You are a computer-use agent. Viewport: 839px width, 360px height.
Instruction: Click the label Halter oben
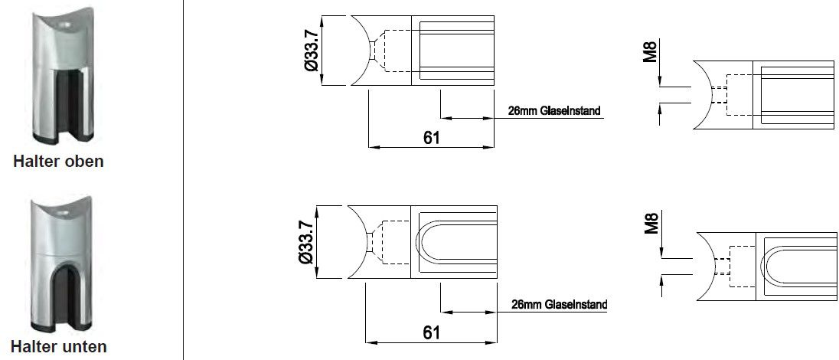(58, 162)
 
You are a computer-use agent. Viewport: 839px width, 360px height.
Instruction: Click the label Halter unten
(59, 346)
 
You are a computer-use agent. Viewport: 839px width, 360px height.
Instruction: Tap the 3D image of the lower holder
(59, 264)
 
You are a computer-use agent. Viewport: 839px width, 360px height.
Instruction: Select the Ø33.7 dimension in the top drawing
(312, 51)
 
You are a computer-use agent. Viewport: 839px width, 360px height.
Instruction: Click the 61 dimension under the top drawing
(430, 137)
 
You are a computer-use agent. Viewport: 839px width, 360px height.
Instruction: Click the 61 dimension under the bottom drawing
(430, 332)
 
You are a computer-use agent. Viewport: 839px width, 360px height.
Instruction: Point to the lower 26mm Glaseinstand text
(559, 304)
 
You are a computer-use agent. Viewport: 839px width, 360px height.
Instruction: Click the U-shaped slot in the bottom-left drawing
(455, 244)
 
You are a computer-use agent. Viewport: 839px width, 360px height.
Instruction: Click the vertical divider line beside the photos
(184, 180)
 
